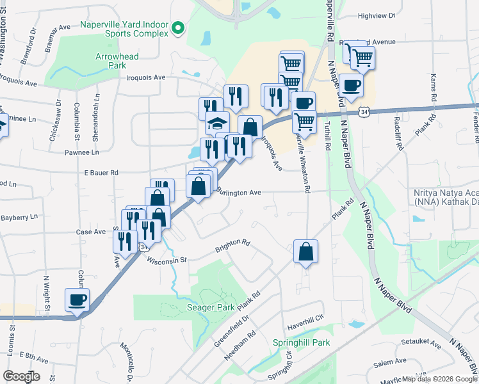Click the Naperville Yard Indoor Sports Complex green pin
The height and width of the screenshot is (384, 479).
tap(179, 28)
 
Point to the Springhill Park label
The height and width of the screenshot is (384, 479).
tap(301, 342)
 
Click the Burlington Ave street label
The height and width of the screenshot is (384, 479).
tap(238, 192)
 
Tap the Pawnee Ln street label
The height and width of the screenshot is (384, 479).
tap(81, 152)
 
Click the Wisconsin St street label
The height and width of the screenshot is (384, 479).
tap(166, 260)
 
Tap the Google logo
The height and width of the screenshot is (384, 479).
tap(22, 376)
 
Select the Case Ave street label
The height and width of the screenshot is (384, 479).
tap(90, 232)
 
